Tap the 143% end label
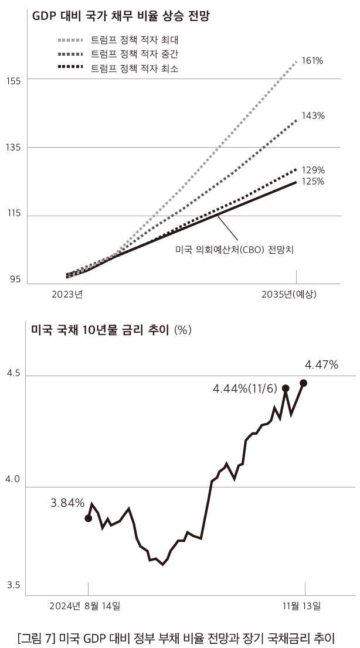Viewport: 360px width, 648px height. click(313, 115)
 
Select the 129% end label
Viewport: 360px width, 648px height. click(313, 170)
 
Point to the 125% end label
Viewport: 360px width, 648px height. click(313, 182)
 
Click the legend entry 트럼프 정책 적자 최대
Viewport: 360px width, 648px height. click(134, 40)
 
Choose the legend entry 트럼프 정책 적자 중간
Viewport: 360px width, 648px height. click(134, 54)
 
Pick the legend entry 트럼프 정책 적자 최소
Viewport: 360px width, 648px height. click(134, 69)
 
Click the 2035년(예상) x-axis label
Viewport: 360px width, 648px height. click(289, 294)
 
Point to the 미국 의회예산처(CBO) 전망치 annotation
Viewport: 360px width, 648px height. click(235, 249)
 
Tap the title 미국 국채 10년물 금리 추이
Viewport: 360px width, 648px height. click(100, 330)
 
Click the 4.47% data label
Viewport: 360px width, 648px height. click(321, 365)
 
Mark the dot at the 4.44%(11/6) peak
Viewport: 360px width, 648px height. click(286, 388)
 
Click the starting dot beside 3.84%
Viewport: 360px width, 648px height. click(89, 518)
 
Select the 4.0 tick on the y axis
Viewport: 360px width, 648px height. click(12, 480)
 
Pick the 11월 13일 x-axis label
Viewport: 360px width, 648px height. click(301, 605)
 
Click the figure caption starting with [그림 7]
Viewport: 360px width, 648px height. click(179, 636)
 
